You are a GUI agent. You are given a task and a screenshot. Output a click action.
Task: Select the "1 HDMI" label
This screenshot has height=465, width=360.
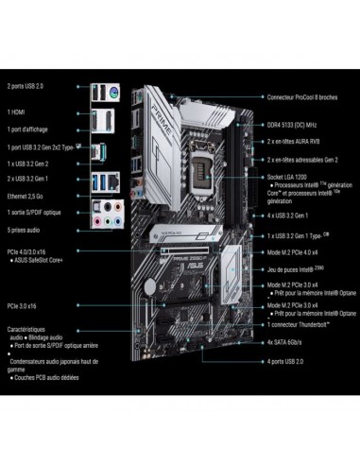coord(19,108)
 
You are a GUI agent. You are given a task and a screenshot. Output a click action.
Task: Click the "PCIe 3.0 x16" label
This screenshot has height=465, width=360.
coord(25,305)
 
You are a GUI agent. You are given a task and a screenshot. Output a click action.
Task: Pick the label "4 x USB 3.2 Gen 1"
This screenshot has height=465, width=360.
coord(287,217)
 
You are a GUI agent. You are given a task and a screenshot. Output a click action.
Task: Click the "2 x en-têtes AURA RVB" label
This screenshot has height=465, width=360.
coord(293,139)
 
